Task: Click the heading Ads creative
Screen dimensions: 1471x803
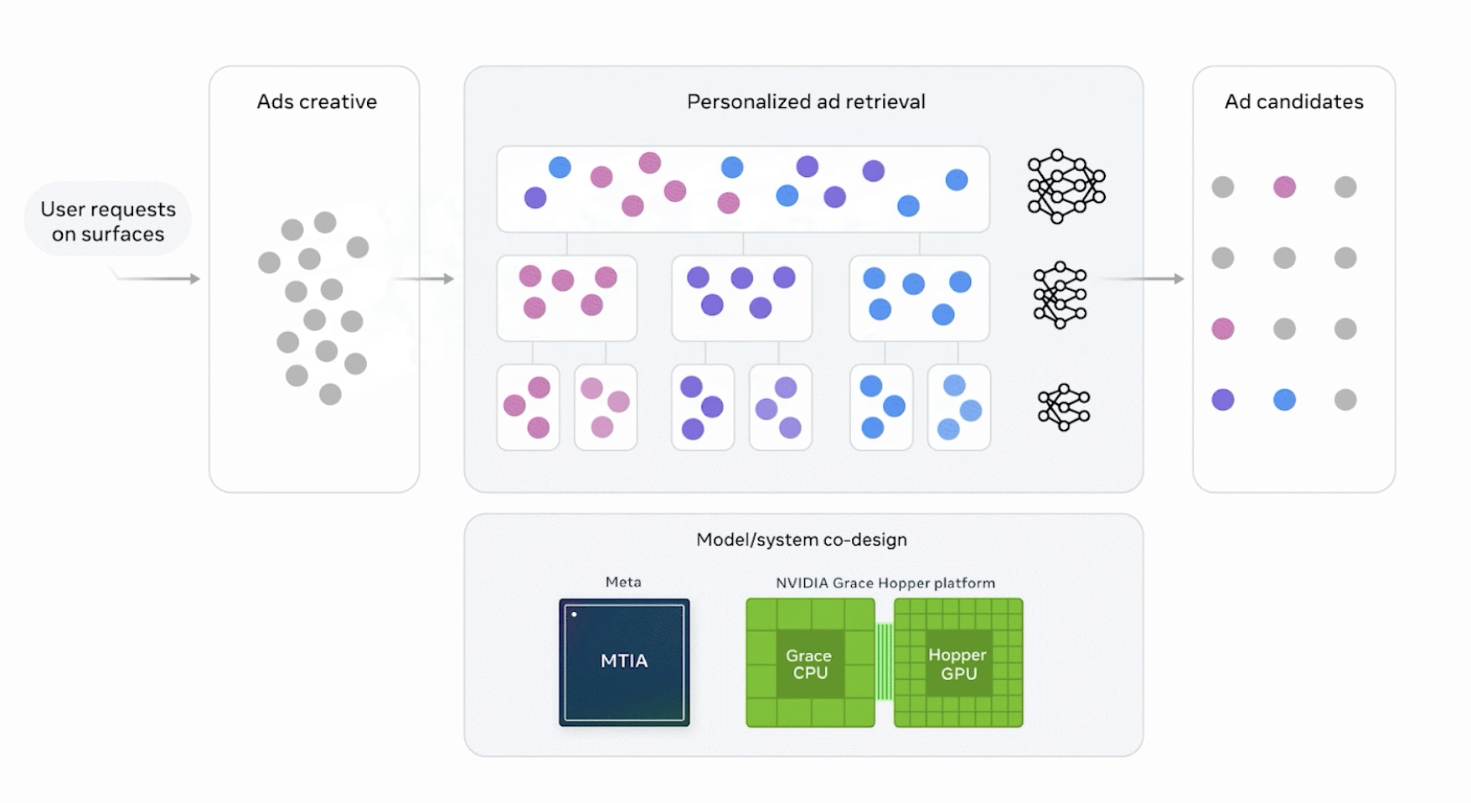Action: click(x=317, y=101)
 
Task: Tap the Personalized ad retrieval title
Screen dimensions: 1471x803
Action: click(x=806, y=101)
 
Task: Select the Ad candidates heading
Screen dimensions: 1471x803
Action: click(x=1293, y=101)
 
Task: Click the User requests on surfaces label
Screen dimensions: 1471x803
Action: click(x=108, y=221)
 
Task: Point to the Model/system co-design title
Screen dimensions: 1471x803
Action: click(x=802, y=540)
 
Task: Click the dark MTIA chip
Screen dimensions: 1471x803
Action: click(x=624, y=662)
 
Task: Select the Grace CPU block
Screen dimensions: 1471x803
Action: click(x=810, y=662)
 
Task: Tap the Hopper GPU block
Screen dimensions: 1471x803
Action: click(x=958, y=662)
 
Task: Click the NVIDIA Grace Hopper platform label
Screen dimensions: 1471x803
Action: click(x=885, y=583)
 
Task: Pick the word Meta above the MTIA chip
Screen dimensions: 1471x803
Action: click(x=623, y=582)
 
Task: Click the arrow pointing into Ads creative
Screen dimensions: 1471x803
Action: click(x=157, y=278)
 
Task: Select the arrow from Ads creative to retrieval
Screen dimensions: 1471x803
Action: click(x=424, y=278)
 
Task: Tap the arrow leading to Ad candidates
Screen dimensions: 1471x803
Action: click(x=1141, y=278)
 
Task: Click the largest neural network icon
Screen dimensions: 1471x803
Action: click(x=1066, y=186)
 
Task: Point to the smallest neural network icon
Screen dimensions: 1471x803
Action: click(x=1064, y=407)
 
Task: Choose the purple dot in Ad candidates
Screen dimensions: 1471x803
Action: click(x=1223, y=400)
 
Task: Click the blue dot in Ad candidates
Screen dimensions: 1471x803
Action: click(x=1284, y=400)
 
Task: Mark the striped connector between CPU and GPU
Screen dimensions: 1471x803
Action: click(x=885, y=662)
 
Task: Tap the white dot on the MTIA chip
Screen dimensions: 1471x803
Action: click(x=575, y=614)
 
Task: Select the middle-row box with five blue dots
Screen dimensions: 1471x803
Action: click(x=919, y=298)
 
